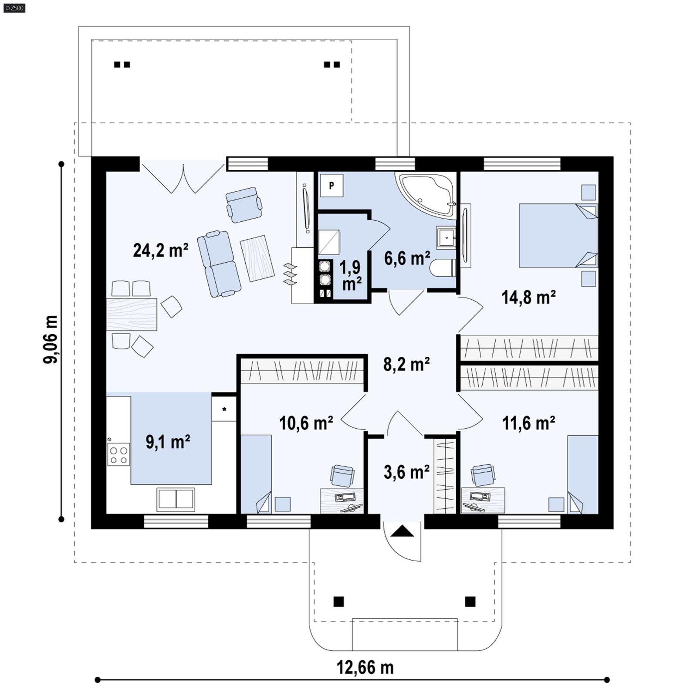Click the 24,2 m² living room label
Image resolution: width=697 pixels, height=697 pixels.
[x=160, y=250]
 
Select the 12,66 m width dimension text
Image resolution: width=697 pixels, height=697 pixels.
[x=365, y=667]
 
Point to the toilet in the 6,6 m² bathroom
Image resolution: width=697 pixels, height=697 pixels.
[x=442, y=268]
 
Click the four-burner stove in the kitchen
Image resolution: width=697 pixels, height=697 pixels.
[x=118, y=454]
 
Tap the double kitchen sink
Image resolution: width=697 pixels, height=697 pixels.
[x=176, y=499]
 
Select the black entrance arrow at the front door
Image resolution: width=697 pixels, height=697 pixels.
[x=403, y=531]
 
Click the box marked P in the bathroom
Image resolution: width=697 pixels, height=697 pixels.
[x=332, y=186]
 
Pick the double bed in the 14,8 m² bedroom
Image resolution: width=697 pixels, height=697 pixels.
[x=558, y=235]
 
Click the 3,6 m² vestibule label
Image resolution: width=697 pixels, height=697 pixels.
[x=406, y=472]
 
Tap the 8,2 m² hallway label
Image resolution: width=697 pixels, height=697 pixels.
[x=406, y=364]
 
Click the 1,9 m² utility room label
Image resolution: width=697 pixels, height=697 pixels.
[x=351, y=275]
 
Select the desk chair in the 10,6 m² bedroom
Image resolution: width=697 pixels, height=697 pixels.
[x=342, y=475]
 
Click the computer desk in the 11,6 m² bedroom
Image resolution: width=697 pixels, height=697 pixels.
[x=483, y=500]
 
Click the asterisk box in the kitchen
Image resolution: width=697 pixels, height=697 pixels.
[x=224, y=409]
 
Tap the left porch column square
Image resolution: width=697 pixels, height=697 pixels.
[x=338, y=602]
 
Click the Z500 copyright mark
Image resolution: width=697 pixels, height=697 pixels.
[x=14, y=7]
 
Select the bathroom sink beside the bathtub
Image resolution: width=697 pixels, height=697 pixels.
[x=446, y=237]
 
